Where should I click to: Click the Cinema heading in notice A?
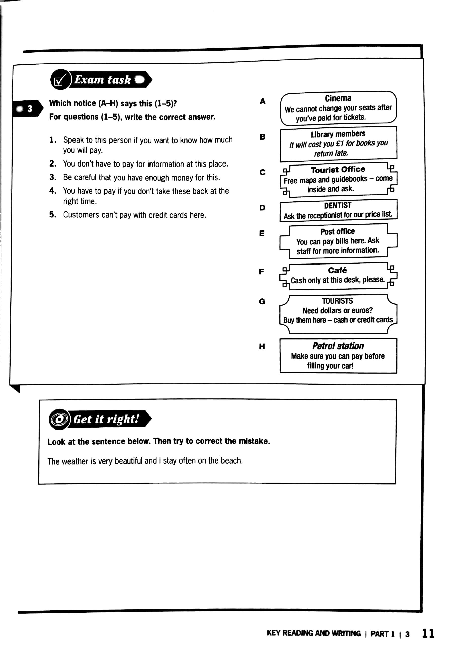point(338,98)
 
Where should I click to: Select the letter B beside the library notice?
point(263,137)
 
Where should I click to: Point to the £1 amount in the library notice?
point(340,144)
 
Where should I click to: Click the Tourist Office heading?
point(338,170)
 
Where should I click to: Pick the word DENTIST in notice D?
point(338,205)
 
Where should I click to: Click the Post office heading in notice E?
point(338,232)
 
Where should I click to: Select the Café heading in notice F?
point(337,270)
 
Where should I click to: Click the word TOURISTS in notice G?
point(337,301)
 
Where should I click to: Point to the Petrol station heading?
point(338,346)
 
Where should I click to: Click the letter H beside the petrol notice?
point(262,346)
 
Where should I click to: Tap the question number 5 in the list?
point(53,214)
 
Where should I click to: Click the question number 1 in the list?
point(53,140)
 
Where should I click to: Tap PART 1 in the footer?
point(382,634)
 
